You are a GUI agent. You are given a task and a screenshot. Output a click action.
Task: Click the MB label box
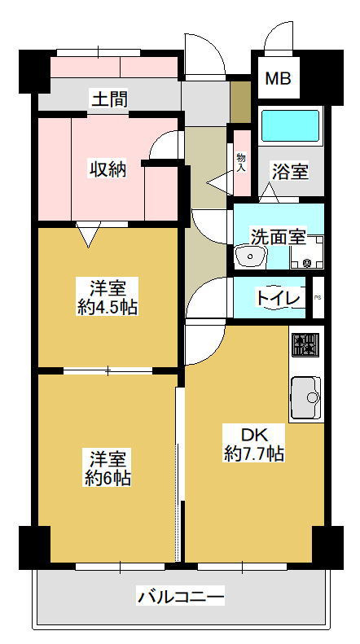point(279,78)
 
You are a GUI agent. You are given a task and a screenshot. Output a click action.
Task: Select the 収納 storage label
point(108,169)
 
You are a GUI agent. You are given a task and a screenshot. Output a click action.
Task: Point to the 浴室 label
point(290,172)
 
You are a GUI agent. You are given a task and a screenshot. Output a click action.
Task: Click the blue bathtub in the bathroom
point(291,125)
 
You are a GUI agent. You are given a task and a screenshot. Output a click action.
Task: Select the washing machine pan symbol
point(307,252)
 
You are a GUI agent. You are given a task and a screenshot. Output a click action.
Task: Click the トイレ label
point(278,298)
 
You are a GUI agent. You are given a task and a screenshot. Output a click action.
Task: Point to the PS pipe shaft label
point(318,298)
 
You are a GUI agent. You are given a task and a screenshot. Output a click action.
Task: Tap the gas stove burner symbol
point(305,344)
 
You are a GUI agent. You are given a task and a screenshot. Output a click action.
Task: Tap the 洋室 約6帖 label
point(108,469)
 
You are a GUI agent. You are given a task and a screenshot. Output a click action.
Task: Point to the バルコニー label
point(181,595)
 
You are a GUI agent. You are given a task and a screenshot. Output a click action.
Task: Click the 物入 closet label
point(241,163)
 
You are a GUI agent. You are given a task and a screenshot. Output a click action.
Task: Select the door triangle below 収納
point(89,234)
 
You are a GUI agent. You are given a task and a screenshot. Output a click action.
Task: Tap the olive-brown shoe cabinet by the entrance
point(240,102)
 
